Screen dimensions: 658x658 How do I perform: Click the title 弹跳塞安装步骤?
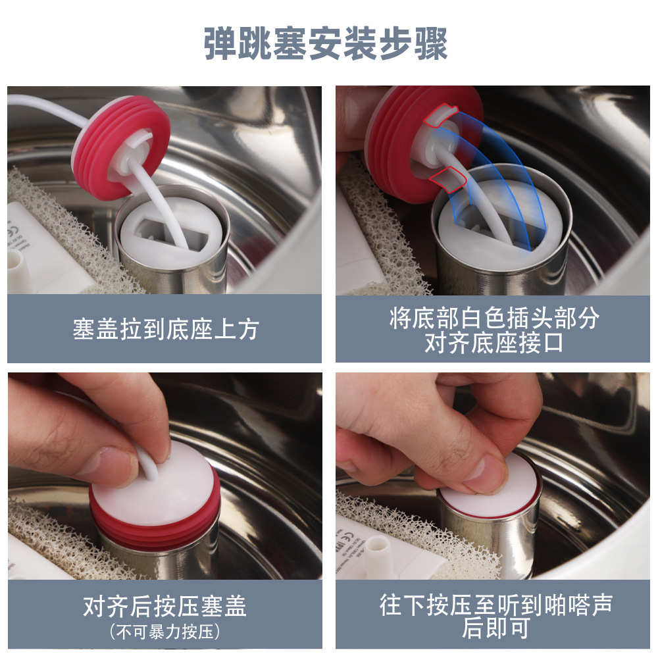[326, 44]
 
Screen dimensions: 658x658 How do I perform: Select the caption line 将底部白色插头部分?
[493, 318]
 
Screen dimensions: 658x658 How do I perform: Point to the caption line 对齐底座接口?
[493, 343]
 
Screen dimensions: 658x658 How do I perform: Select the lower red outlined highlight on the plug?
[446, 178]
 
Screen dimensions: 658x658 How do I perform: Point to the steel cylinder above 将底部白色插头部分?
[500, 270]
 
